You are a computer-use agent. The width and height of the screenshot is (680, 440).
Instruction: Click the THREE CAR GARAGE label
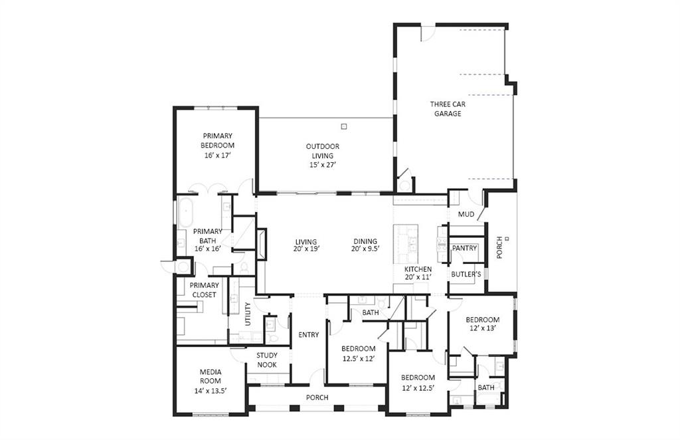(x=448, y=109)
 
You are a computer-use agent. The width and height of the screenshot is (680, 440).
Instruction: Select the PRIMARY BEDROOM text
(x=218, y=140)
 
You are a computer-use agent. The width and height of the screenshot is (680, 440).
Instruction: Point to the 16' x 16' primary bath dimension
(x=207, y=249)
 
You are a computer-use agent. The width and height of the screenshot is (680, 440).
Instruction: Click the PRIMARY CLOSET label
(x=205, y=290)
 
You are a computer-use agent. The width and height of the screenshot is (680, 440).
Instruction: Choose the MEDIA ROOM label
(x=210, y=376)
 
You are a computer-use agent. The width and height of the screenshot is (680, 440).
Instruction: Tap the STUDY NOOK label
(x=267, y=360)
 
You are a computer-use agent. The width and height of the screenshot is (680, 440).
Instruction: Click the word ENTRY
(x=309, y=335)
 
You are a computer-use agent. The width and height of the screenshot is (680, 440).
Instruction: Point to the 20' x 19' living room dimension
(x=305, y=249)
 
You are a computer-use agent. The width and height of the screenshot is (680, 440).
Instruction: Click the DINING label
(x=365, y=241)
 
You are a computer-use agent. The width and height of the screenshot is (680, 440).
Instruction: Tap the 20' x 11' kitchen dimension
(x=418, y=278)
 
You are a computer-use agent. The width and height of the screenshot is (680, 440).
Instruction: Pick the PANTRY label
(x=464, y=248)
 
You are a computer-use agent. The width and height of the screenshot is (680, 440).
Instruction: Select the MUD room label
(x=466, y=215)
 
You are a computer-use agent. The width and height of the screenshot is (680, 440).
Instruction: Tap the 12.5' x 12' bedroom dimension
(x=358, y=358)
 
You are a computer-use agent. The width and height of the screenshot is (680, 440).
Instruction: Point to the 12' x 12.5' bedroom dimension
(x=418, y=387)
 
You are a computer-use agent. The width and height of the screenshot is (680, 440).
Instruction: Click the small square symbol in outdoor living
(x=343, y=126)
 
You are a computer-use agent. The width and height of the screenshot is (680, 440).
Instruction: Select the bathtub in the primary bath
(x=187, y=211)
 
